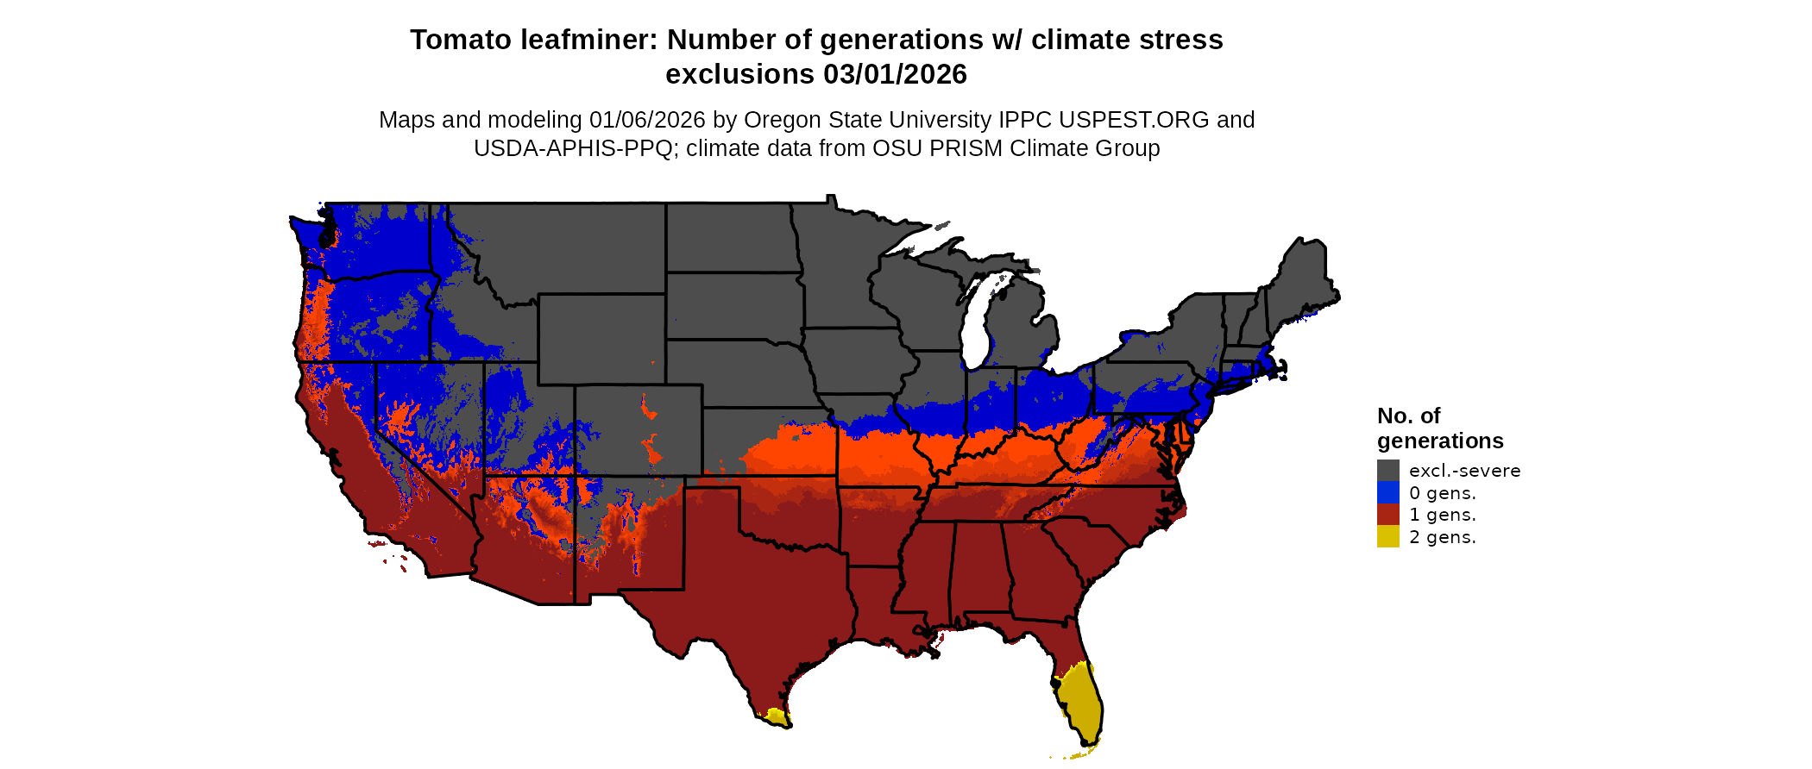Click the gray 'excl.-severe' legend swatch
1387,470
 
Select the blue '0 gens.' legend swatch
1387,492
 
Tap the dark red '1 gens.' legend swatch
1387,515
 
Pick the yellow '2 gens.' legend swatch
1387,536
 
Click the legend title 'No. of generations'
1439,428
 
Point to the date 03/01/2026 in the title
895,75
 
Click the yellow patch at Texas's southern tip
775,716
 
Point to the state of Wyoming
601,338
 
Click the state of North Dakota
729,238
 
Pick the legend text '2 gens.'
1442,537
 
